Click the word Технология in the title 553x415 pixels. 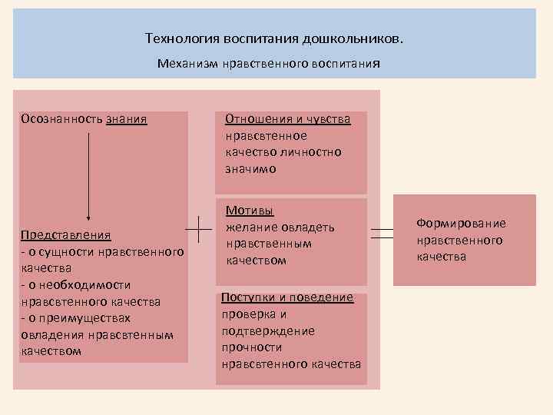click(x=181, y=38)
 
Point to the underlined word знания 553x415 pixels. click(x=126, y=119)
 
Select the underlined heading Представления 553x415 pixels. click(x=66, y=235)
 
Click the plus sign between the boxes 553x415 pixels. click(x=200, y=228)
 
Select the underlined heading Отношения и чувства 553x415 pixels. click(x=287, y=119)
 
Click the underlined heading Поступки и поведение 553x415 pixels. click(x=287, y=297)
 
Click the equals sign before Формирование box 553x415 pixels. click(x=382, y=234)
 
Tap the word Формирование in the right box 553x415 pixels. click(x=461, y=223)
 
